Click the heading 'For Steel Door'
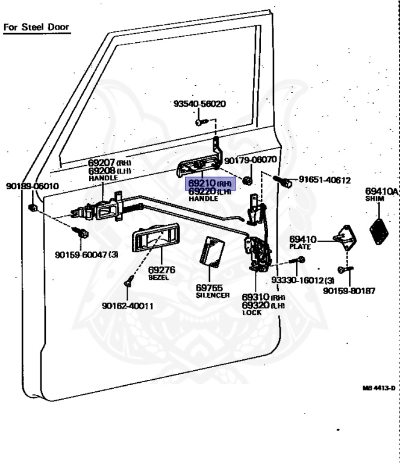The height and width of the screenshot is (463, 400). tap(37, 27)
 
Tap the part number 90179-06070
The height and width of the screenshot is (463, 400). tap(250, 160)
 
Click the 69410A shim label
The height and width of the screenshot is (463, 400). tap(382, 192)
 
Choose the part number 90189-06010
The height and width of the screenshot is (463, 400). tap(33, 186)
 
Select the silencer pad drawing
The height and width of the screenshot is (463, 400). tap(212, 250)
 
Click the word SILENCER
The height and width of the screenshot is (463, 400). tap(213, 296)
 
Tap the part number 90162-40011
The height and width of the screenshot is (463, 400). tap(128, 306)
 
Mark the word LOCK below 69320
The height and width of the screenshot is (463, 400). tap(252, 313)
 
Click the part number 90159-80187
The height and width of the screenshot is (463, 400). tap(349, 291)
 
